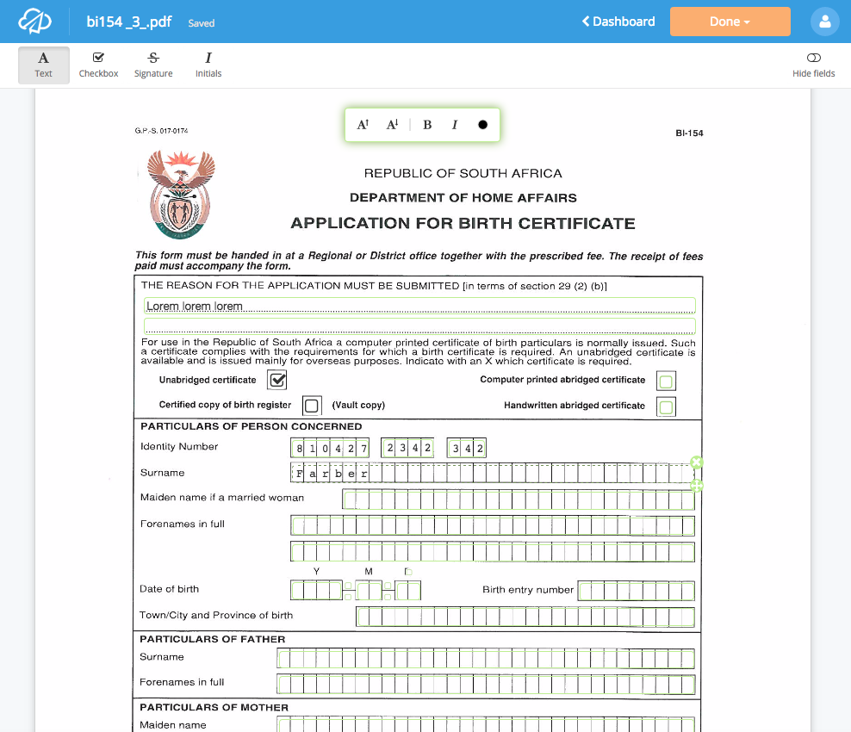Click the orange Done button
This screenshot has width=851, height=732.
click(730, 22)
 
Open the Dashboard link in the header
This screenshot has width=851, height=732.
click(618, 22)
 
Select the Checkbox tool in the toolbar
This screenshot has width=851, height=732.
click(98, 65)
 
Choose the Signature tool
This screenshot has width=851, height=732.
click(153, 65)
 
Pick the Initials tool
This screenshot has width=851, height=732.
click(208, 65)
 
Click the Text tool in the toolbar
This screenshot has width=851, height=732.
click(44, 65)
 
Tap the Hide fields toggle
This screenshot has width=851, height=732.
click(813, 65)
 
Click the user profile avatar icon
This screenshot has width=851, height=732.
click(824, 22)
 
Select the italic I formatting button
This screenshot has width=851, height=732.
click(455, 125)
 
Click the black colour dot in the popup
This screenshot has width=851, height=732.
click(482, 125)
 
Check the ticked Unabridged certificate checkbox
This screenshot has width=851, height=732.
click(277, 380)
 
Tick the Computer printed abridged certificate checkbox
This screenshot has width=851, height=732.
click(666, 381)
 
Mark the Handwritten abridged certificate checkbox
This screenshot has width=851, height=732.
click(666, 406)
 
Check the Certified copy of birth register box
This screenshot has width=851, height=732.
click(312, 406)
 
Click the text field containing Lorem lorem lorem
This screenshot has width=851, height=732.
click(419, 306)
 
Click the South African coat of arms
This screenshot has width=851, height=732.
click(179, 194)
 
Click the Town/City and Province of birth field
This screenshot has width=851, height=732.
click(525, 617)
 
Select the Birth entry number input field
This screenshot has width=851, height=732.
click(636, 591)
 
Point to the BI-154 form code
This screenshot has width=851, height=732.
click(690, 133)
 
